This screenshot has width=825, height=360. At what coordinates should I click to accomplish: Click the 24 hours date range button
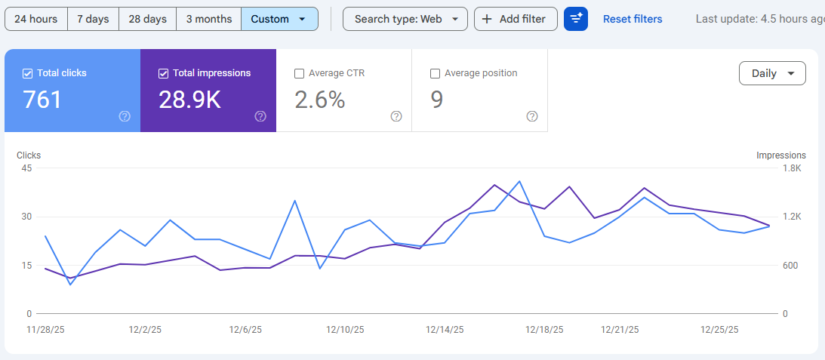(35, 19)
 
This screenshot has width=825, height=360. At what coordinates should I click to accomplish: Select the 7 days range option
(93, 19)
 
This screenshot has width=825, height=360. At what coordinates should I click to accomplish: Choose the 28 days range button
(147, 19)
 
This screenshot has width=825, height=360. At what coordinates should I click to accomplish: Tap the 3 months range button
(209, 19)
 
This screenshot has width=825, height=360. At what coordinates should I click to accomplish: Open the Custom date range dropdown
(279, 19)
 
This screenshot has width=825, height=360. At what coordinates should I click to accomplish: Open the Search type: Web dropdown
(405, 19)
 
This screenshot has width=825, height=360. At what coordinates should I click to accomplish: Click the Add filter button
(516, 19)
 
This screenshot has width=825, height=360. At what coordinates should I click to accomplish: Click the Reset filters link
(633, 19)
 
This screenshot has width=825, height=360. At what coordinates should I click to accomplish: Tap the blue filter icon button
(576, 19)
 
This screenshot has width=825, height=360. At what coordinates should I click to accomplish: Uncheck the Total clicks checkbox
(28, 74)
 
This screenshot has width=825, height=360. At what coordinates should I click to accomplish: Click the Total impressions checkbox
(163, 74)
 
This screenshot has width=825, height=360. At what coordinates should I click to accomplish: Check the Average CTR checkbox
(300, 74)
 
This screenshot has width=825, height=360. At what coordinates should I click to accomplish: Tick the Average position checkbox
(435, 74)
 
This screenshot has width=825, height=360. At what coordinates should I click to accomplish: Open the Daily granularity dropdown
(772, 73)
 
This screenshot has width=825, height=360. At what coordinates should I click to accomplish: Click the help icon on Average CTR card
(396, 116)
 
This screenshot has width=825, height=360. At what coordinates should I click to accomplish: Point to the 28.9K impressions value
(190, 100)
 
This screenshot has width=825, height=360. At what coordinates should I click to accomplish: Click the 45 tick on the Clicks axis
(26, 168)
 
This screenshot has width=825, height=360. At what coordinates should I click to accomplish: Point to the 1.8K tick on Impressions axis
(792, 168)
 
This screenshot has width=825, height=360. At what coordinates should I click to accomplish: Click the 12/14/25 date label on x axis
(445, 330)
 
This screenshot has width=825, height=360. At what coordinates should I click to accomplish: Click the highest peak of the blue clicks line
(519, 181)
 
